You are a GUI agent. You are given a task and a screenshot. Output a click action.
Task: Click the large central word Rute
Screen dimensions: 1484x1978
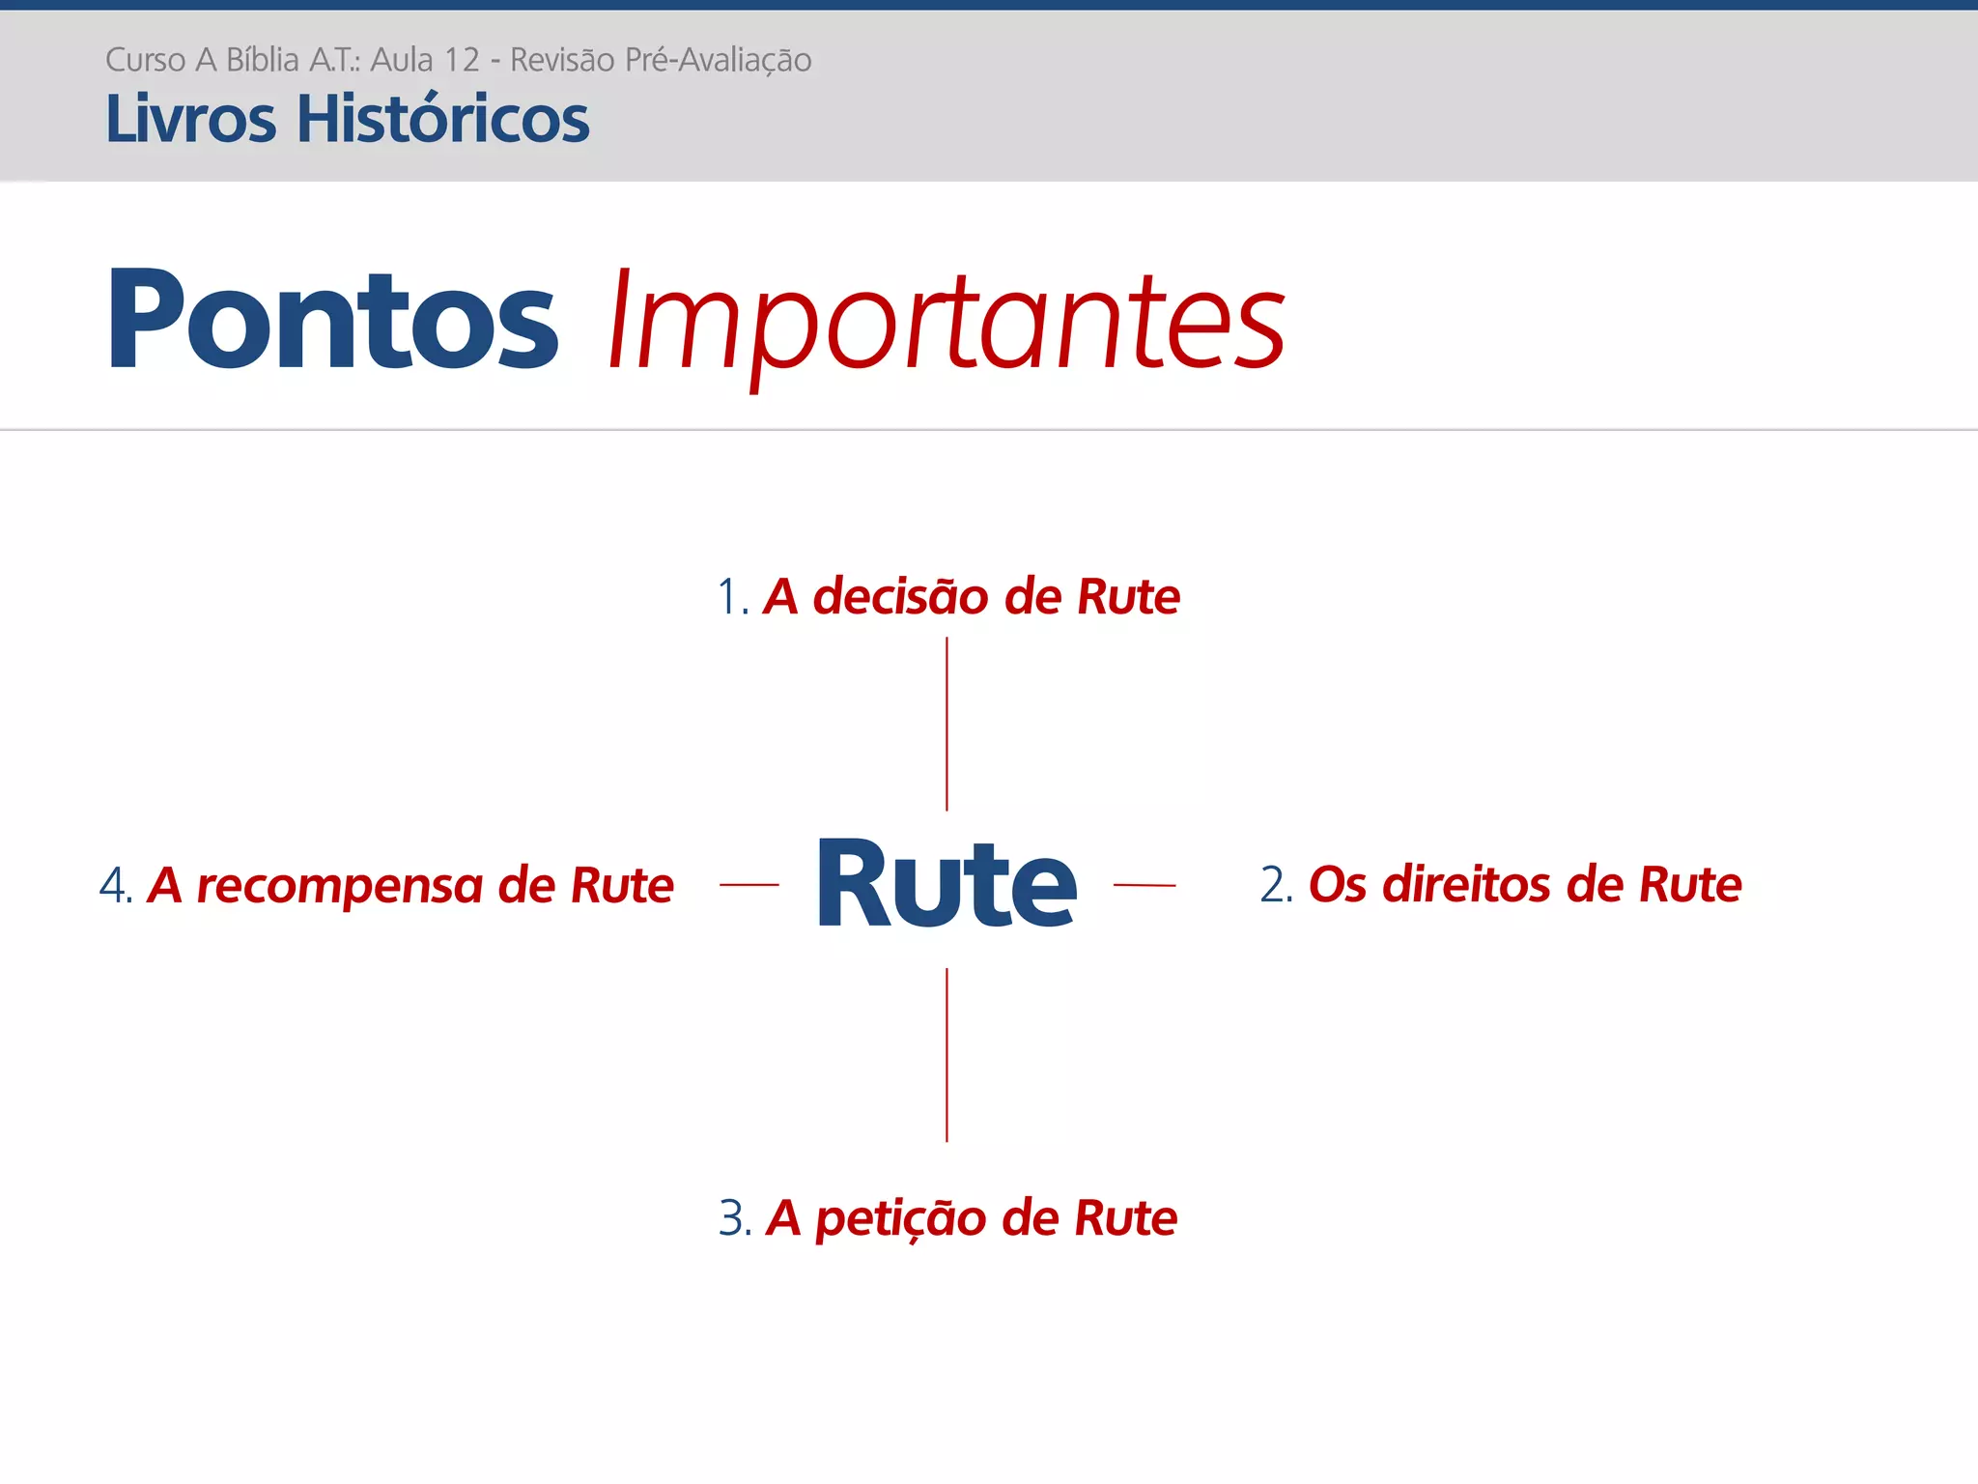[x=946, y=884]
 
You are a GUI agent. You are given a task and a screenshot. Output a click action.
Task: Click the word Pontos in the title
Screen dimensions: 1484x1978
[x=332, y=320]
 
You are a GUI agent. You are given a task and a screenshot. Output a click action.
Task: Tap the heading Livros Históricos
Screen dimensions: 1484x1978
[x=347, y=119]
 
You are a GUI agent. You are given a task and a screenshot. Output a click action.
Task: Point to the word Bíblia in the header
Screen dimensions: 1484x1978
[x=262, y=60]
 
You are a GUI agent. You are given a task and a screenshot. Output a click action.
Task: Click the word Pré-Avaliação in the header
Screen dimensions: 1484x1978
[x=718, y=60]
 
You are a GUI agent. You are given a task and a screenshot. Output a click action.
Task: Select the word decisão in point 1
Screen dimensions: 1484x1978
[x=901, y=596]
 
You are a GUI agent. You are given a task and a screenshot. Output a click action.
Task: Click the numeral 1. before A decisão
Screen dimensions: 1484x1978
[x=732, y=597]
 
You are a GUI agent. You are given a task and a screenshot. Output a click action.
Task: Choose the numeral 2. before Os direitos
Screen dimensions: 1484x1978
[x=1276, y=885]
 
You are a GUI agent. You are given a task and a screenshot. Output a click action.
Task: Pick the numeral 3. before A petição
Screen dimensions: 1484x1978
[x=734, y=1218]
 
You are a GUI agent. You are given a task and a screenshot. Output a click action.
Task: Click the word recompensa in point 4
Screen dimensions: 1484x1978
[x=339, y=886]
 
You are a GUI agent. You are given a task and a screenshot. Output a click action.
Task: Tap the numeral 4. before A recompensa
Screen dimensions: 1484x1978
[x=115, y=886]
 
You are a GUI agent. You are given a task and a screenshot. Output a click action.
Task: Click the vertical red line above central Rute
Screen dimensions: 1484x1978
[x=947, y=724]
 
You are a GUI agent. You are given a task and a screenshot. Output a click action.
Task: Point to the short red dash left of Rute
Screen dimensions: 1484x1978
[x=749, y=884]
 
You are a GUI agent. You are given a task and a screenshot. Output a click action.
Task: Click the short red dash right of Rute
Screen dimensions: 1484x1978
[x=1144, y=884]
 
